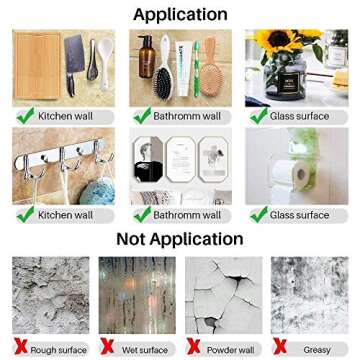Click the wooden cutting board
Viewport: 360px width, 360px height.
point(37,66)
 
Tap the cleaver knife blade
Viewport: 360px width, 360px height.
point(74,53)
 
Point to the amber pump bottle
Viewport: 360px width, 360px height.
point(147,57)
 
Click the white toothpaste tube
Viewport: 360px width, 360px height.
point(184,68)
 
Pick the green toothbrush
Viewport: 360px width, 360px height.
point(197,68)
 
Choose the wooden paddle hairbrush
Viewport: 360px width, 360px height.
point(211,67)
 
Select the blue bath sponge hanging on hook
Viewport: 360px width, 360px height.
point(97,191)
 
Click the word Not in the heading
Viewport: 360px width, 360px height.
point(131,239)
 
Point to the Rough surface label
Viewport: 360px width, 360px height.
point(58,350)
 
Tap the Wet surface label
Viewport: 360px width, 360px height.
point(145,350)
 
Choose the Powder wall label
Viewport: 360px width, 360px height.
point(231,350)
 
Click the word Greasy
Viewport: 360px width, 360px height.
point(317,350)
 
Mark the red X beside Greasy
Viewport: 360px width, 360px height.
point(280,346)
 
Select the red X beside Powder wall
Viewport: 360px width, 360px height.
point(194,346)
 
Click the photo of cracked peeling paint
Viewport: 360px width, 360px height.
point(224,295)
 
